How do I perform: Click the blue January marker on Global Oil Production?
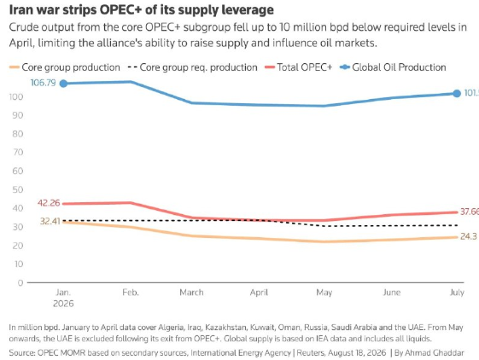tap(63, 84)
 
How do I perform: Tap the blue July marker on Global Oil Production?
tap(457, 94)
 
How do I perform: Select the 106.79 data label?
tap(43, 83)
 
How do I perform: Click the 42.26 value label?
tap(49, 203)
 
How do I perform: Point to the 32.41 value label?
tap(50, 221)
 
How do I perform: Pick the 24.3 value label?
tap(469, 236)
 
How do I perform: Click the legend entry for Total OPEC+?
tap(299, 67)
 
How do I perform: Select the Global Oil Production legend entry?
tap(393, 67)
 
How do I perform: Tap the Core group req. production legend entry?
tap(192, 67)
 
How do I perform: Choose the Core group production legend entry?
tap(64, 67)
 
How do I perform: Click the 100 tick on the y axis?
tap(16, 96)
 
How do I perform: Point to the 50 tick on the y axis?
tap(18, 189)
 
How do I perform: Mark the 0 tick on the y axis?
tap(20, 282)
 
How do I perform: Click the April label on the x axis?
tap(259, 293)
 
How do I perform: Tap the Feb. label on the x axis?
tap(131, 293)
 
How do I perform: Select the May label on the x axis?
tap(324, 293)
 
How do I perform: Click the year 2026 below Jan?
tap(63, 304)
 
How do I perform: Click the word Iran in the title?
tap(20, 9)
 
